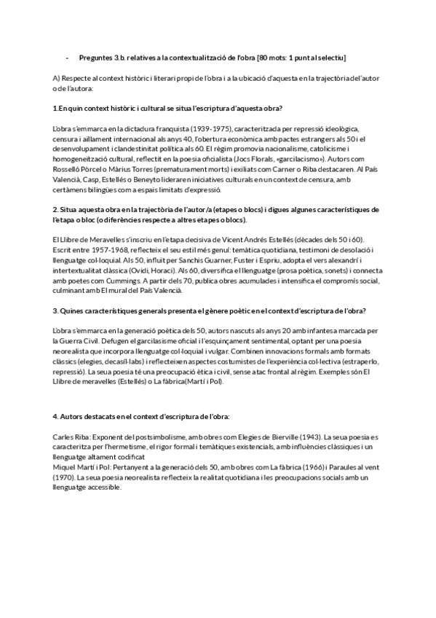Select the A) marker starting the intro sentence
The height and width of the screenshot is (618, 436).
[57, 78]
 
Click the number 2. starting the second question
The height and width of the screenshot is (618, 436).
[55, 209]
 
